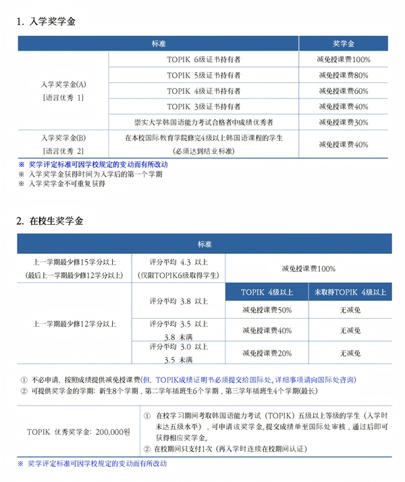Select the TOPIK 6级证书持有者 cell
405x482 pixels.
pos(203,59)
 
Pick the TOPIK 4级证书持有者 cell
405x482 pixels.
pos(203,90)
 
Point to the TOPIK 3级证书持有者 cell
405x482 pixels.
pos(203,107)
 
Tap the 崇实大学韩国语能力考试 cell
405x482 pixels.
pos(203,122)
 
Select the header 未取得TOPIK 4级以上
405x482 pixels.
pos(349,292)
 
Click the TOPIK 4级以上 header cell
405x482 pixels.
pos(266,292)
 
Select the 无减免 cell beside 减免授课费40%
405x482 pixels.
pos(349,331)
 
